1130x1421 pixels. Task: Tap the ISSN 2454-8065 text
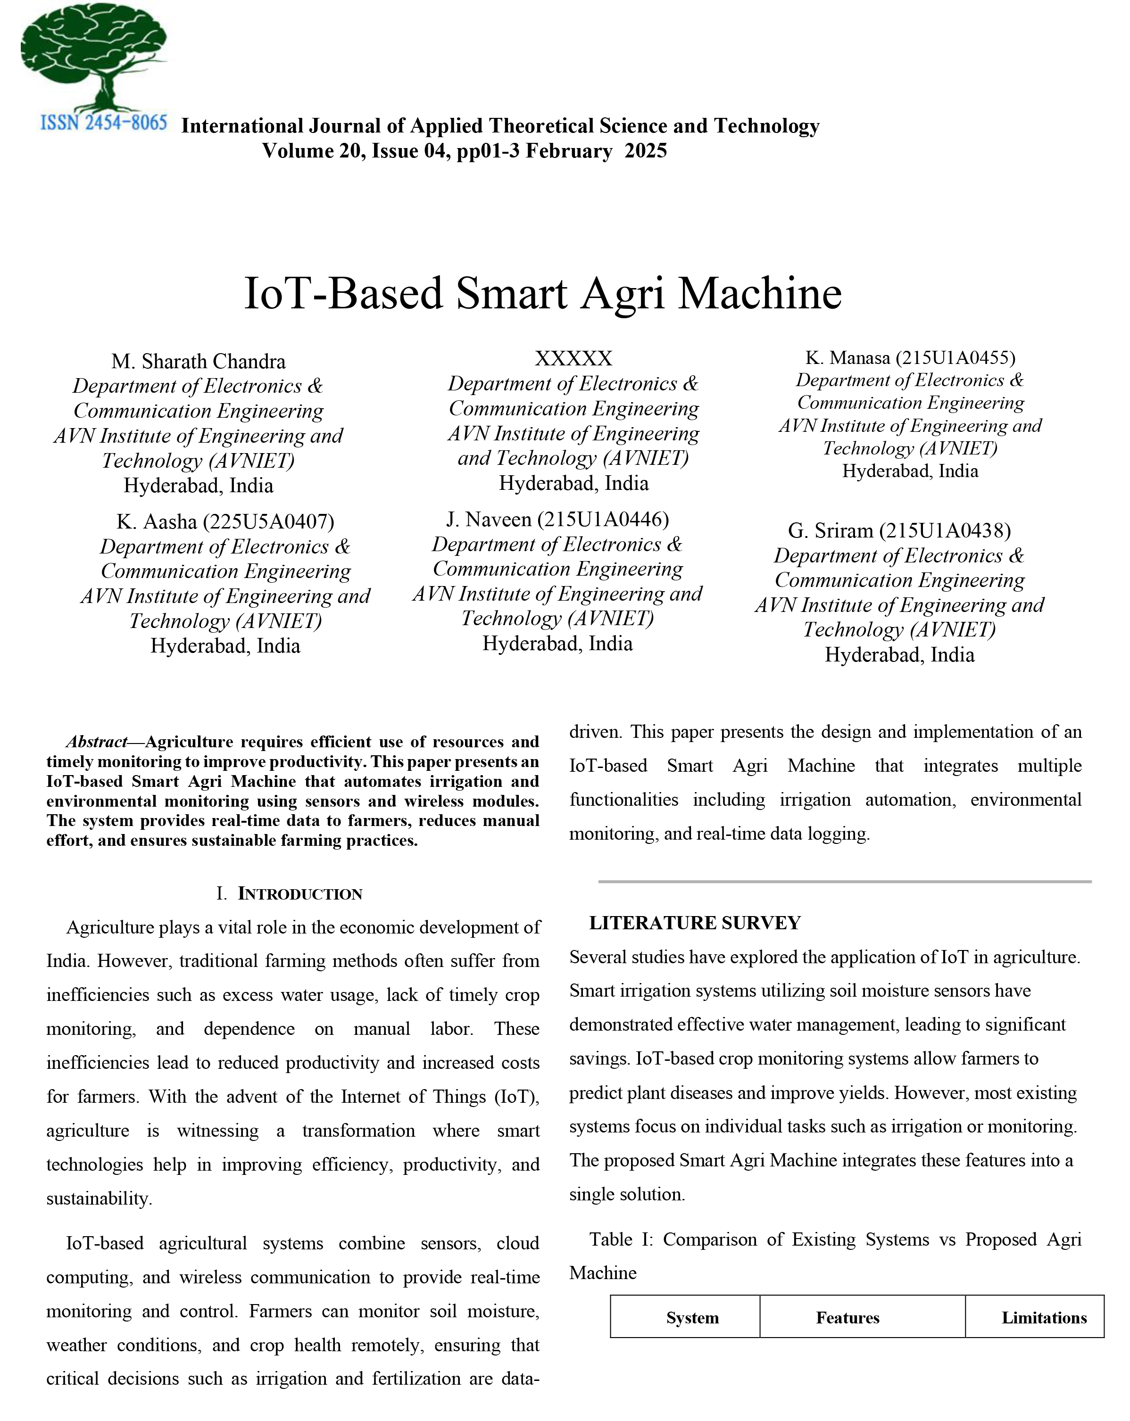coord(103,123)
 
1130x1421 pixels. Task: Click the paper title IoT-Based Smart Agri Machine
coord(542,293)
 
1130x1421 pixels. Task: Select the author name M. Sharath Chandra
coord(199,361)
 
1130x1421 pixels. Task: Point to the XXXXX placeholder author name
coord(573,358)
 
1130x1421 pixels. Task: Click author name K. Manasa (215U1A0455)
coord(910,358)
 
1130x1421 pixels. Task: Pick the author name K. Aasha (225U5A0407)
coord(225,521)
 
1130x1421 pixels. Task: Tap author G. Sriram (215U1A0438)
coord(899,530)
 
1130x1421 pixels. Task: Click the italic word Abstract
coord(96,742)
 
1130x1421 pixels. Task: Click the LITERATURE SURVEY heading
coord(695,923)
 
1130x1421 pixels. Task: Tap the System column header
coord(692,1318)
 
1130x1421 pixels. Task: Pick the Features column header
coord(848,1318)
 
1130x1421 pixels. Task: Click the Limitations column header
coord(1044,1318)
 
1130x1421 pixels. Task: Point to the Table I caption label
coord(620,1239)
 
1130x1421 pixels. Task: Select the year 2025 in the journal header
coord(646,151)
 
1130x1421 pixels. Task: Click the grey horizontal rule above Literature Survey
coord(845,881)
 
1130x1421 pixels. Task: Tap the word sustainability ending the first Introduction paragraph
coord(99,1198)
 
